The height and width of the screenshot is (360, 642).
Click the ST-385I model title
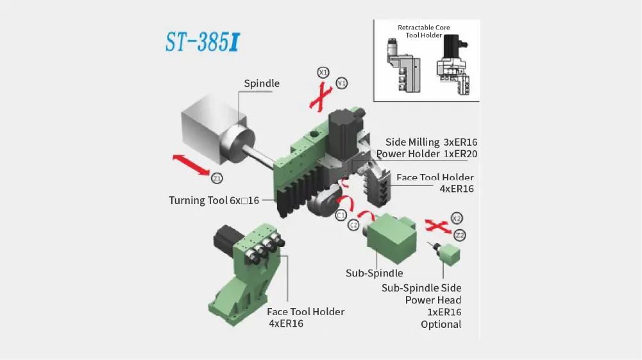(203, 42)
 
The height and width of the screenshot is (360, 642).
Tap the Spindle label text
(262, 83)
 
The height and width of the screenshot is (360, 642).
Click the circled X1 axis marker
(323, 73)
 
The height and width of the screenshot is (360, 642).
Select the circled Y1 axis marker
(341, 83)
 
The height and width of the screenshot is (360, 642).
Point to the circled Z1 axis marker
(217, 178)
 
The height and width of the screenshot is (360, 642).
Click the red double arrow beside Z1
(191, 165)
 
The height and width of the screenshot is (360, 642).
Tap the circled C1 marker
(341, 215)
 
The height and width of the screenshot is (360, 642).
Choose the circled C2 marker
(353, 225)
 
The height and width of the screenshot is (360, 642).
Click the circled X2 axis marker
(457, 218)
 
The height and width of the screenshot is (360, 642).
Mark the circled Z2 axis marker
(460, 236)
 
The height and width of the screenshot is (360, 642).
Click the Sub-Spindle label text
(374, 273)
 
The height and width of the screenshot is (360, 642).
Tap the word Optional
(441, 324)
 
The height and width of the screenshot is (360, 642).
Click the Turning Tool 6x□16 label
(214, 200)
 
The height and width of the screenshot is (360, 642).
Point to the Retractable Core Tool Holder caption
(424, 31)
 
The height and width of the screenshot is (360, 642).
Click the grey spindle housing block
(212, 126)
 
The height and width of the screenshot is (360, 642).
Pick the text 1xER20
(460, 154)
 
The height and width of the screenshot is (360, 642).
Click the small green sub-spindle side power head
(450, 254)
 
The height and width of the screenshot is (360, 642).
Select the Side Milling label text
(412, 142)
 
